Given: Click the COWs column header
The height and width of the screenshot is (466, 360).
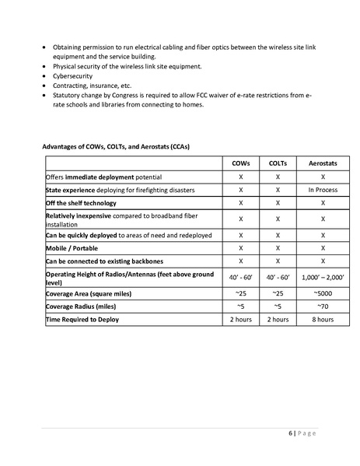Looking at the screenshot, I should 241,163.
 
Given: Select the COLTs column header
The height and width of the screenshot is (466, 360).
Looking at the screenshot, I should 278,163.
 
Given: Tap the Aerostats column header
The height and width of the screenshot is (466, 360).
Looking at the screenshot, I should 321,163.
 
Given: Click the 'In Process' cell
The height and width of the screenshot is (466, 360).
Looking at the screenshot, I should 321,190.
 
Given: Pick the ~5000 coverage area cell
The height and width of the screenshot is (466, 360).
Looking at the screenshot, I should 321,294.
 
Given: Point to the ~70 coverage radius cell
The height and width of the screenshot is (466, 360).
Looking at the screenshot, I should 321,307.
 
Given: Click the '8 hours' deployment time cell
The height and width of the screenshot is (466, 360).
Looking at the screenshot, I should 321,319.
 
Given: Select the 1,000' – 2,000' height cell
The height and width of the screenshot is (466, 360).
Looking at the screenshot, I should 321,278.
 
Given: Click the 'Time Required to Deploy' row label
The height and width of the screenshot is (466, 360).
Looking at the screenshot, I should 82,319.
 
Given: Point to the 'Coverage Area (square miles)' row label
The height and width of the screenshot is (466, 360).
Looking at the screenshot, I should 89,294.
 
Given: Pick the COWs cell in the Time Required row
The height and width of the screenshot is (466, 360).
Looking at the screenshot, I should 241,319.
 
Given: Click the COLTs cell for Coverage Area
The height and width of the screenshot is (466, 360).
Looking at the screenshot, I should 278,294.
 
